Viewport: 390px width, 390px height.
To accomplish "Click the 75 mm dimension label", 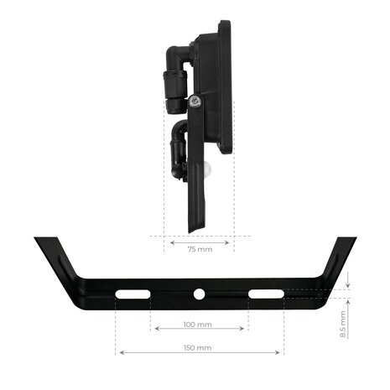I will pos(199,250).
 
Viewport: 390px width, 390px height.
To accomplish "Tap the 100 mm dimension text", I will pos(198,324).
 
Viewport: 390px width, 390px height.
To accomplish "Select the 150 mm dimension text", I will pos(198,347).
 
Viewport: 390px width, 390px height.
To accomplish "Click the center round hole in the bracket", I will pos(200,294).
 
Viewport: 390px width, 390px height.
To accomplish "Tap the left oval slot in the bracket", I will pos(133,294).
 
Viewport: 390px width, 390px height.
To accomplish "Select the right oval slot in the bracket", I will pos(265,294).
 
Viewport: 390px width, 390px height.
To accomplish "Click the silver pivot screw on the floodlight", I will pos(195,101).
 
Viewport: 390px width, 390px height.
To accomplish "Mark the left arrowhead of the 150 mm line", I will pos(120,352).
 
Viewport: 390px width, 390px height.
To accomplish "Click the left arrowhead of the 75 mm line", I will pos(171,242).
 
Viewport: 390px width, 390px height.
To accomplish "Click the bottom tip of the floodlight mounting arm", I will pos(195,230).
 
